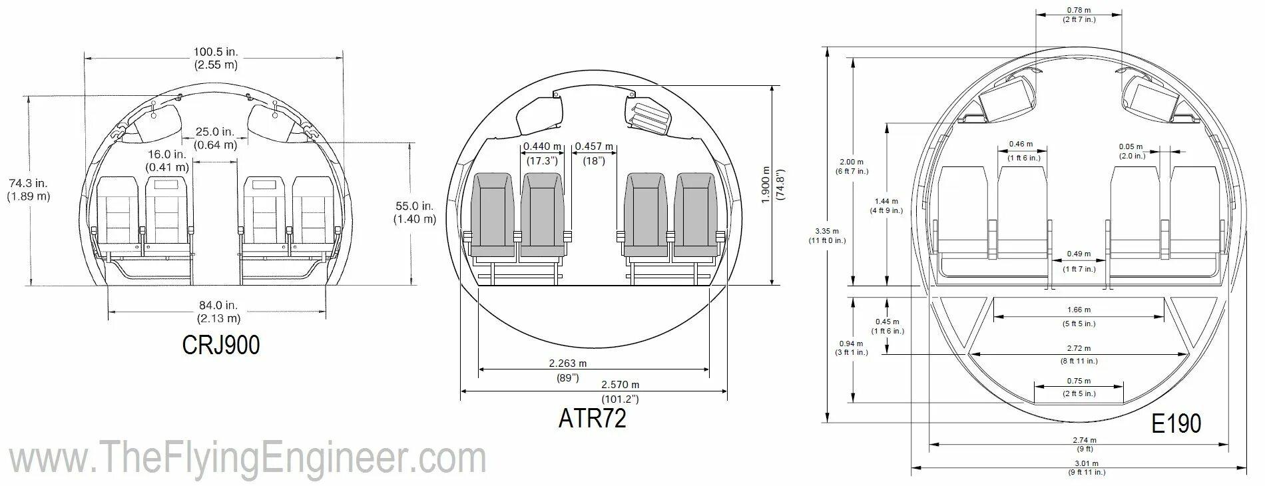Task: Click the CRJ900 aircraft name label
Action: coord(221,344)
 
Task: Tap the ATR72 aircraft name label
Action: coord(593,418)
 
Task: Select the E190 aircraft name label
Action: coord(1177,423)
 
